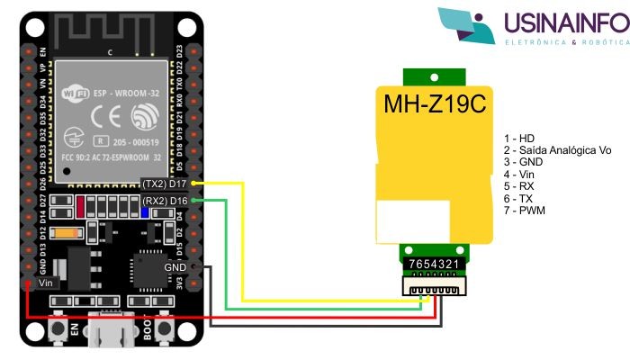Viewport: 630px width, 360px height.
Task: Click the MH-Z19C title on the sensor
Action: (x=435, y=105)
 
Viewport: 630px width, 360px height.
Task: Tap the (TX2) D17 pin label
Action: (x=165, y=184)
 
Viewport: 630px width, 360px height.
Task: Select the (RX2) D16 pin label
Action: (x=165, y=200)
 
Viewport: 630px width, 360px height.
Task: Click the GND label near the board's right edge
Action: (x=176, y=267)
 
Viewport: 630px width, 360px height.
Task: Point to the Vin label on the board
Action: (x=47, y=283)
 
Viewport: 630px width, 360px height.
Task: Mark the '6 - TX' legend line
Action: (x=520, y=197)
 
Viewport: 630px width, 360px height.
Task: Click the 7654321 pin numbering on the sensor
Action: (x=434, y=263)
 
